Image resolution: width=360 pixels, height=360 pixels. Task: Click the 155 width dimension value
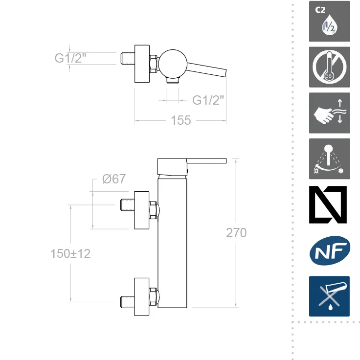point(181,120)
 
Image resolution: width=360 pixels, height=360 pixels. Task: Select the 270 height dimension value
point(236,233)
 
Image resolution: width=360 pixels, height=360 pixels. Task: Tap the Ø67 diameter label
point(114,179)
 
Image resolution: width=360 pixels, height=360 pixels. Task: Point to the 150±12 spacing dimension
point(70,254)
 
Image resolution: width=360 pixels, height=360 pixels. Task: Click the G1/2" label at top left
point(70,58)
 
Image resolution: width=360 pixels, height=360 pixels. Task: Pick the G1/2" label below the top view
point(208,100)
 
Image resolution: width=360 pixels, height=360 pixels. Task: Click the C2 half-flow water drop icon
point(329,22)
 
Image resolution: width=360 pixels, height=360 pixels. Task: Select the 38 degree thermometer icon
point(329,67)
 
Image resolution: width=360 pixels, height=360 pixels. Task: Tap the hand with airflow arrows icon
point(329,113)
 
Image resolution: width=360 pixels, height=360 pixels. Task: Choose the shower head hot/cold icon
point(329,159)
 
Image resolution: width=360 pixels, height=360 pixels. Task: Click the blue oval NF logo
point(330,251)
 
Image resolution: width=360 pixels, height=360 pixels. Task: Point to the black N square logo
point(328,205)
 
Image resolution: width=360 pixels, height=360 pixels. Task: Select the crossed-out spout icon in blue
point(329,296)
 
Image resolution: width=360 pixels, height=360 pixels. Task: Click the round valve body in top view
point(173,64)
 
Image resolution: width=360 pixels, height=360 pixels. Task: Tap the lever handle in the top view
point(206,69)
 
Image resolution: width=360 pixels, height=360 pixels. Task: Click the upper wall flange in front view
point(142,210)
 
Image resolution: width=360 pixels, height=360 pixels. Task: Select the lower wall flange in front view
point(142,297)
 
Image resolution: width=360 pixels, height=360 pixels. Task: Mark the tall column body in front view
point(172,243)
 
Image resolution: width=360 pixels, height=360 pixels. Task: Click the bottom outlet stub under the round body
point(173,80)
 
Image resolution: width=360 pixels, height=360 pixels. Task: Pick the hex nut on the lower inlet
point(153,296)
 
